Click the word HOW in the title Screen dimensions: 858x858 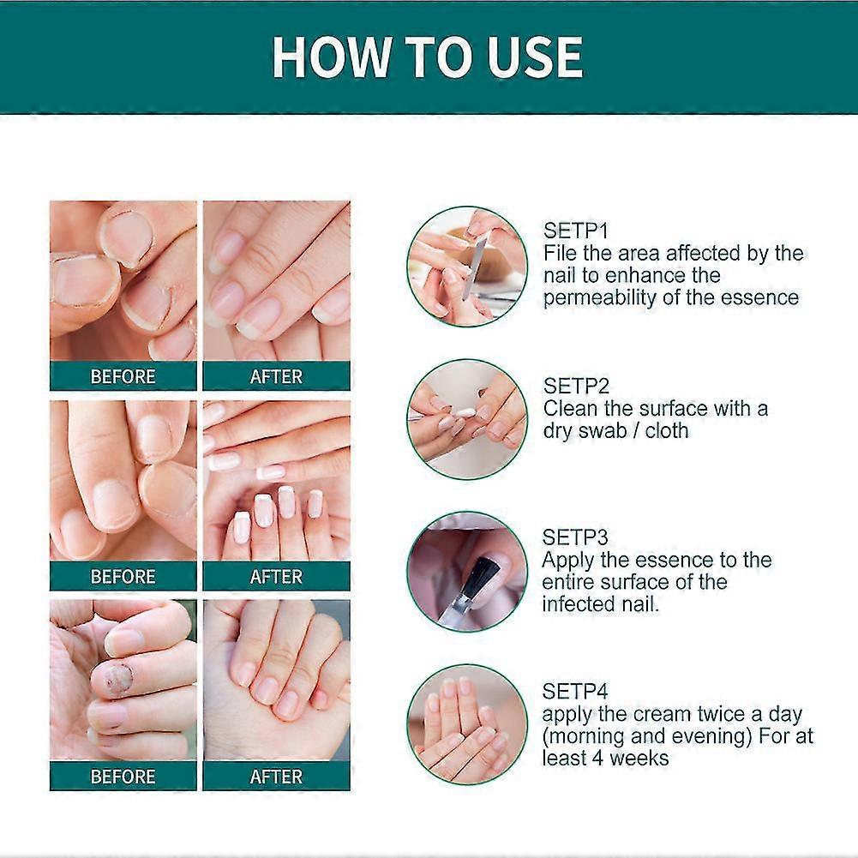coord(322,57)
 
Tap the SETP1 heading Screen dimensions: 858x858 coord(575,231)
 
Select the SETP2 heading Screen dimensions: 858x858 coord(575,386)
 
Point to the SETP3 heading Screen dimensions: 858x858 coord(575,537)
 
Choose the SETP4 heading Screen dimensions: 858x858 coord(575,691)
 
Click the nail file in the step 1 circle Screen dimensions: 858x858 coord(474,266)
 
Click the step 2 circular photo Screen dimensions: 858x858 coord(466,418)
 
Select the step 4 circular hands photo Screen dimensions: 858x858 coord(466,724)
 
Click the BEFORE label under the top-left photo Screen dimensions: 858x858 coord(123,377)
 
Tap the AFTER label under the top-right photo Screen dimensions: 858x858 coord(276,377)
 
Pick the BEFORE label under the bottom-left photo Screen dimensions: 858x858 coord(123,777)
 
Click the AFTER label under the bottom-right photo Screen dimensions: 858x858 coord(276,777)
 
